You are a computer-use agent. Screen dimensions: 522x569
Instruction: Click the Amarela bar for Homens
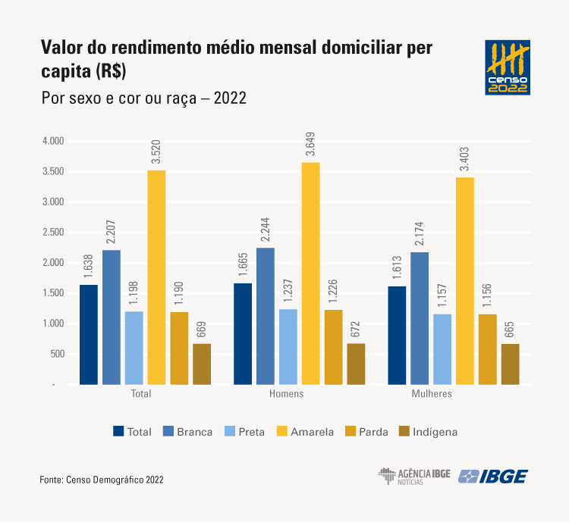coord(310,274)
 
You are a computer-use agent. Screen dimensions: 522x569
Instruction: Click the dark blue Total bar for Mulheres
coord(397,336)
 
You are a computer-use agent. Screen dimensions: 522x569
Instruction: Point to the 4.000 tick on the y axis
coord(55,142)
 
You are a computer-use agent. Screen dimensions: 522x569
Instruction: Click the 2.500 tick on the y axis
coord(55,233)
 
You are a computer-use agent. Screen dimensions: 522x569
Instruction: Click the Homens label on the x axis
coord(287,395)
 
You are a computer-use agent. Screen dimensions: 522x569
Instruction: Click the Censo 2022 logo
coord(508,68)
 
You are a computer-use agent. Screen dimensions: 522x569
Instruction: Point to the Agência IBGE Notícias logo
coord(413,477)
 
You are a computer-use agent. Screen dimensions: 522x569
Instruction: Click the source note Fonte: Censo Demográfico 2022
coord(102,480)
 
